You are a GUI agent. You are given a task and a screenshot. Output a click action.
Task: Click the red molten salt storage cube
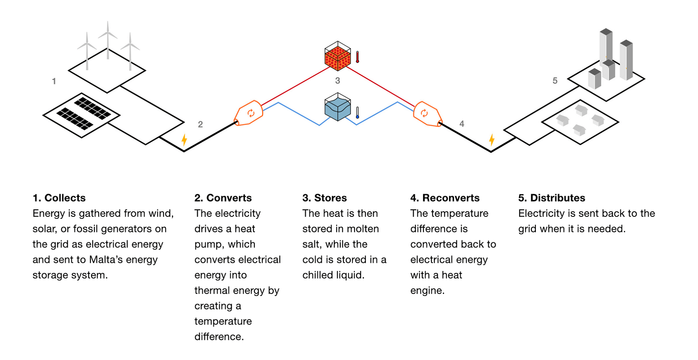(338, 57)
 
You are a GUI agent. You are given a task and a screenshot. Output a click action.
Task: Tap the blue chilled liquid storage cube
(338, 107)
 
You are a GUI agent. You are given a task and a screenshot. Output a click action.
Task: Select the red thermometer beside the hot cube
(357, 57)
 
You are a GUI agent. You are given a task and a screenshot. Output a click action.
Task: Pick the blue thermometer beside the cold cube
(357, 113)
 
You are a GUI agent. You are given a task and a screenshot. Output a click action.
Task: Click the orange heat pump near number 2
(249, 113)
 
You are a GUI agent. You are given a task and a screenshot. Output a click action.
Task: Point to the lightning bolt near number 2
(184, 140)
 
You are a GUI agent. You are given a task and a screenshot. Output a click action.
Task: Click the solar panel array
(81, 114)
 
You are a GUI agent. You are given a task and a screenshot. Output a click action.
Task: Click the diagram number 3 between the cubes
(338, 81)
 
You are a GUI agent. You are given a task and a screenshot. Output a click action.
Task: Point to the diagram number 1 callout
(54, 81)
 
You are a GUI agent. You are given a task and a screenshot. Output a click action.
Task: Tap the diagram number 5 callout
(555, 81)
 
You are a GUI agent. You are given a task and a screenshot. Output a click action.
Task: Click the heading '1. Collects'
(59, 198)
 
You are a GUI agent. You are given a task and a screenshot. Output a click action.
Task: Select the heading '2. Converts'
(223, 198)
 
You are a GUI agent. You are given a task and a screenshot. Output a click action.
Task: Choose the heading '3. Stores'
(325, 198)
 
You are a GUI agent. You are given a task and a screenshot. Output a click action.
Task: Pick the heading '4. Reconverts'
(445, 198)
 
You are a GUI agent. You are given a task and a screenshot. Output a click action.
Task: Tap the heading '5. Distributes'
(552, 198)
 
